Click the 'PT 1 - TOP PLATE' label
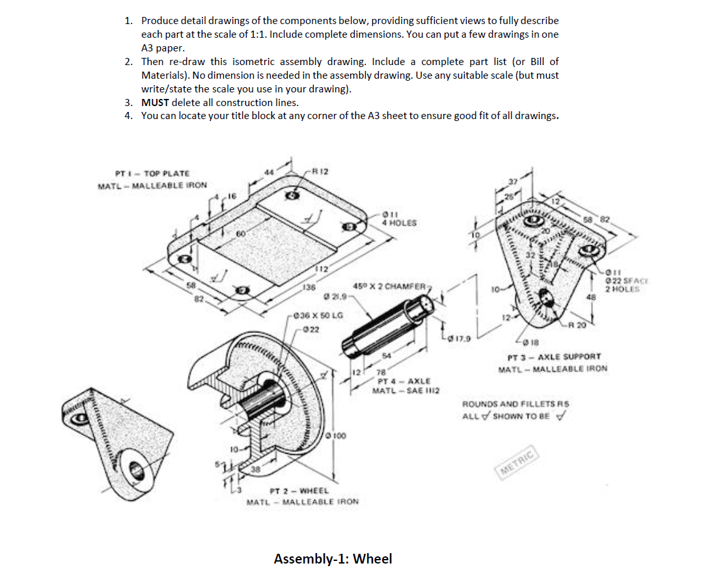coord(152,173)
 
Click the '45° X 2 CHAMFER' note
coord(390,286)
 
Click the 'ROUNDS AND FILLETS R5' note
coord(512,404)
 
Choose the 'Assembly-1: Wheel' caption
coord(333,558)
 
